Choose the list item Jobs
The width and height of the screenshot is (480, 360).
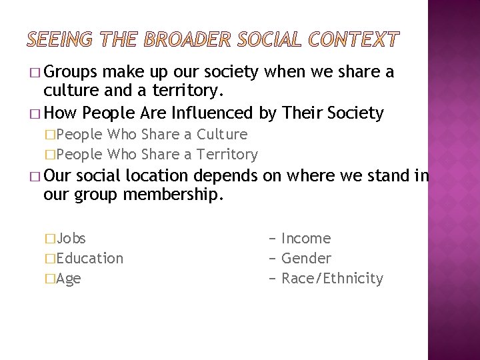[x=72, y=238]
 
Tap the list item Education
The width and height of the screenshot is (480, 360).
[x=91, y=258]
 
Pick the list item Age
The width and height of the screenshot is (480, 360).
[x=69, y=278]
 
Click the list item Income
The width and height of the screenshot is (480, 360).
[x=306, y=238]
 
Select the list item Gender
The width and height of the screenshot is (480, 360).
[x=307, y=258]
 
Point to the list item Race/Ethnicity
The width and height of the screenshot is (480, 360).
[x=333, y=278]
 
